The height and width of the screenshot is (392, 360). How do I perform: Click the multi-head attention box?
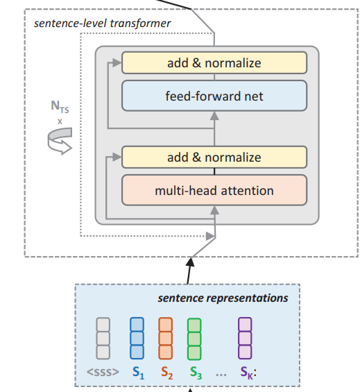214,190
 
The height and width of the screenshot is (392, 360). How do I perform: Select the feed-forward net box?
214,96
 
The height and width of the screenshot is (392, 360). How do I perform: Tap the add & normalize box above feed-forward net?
214,63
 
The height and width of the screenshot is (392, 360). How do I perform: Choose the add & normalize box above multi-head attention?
214,157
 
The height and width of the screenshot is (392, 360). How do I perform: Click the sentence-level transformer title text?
102,24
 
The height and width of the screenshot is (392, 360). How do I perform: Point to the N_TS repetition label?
60,108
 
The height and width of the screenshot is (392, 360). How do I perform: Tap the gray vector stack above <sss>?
103,338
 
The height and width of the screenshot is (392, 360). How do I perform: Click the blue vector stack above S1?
137,338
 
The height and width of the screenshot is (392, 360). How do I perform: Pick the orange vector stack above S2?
165,338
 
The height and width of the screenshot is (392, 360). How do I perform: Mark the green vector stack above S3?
194,338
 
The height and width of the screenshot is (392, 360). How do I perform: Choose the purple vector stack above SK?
245,338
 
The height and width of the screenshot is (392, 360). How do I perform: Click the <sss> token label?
103,372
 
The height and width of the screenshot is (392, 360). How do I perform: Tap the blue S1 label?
137,372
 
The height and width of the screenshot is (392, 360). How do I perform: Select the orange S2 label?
166,372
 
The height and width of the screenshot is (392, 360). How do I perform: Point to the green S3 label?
196,372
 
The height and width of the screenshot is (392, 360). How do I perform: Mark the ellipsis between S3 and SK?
221,373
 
